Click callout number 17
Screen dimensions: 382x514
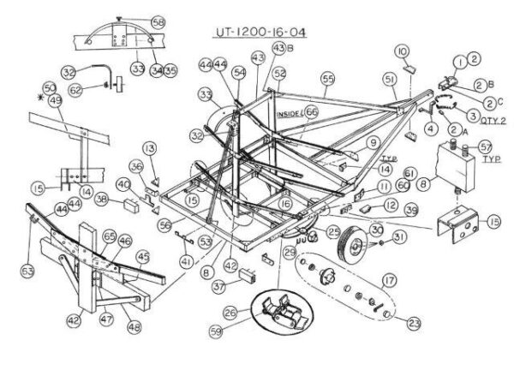click(x=389, y=280)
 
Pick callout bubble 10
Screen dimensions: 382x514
click(x=403, y=52)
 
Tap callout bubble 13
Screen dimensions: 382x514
click(x=150, y=149)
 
